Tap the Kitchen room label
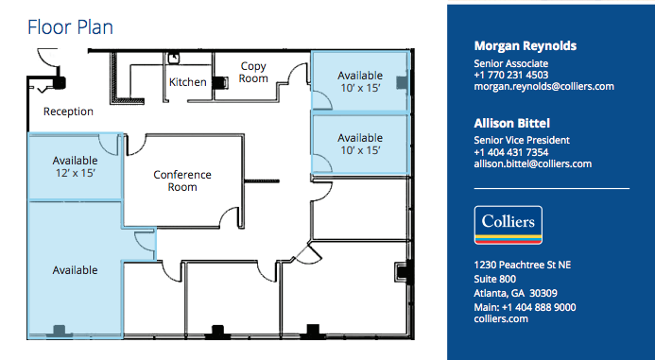187,82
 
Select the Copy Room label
253,73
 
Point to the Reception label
68,111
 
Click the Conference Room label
182,180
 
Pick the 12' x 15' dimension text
75,173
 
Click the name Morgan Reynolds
525,46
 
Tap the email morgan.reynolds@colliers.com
543,86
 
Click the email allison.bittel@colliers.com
532,163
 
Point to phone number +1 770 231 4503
511,75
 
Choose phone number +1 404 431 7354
511,152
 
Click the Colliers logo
508,226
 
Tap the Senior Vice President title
522,141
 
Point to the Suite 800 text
494,280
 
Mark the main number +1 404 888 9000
525,307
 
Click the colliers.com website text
501,319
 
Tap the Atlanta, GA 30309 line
515,293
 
